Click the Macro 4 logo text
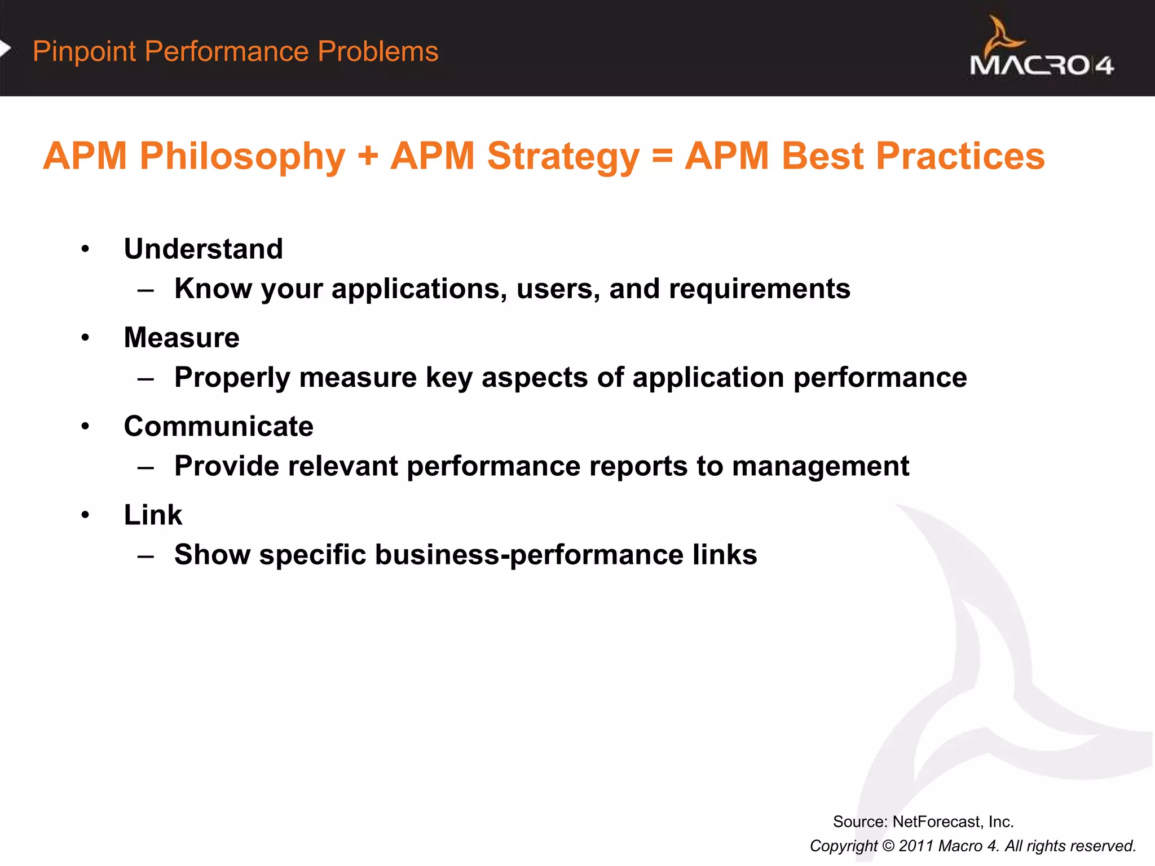1041,65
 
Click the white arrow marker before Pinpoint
5,50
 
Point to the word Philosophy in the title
242,156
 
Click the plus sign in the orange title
368,156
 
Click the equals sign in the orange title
662,156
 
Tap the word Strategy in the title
563,156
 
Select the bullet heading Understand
203,249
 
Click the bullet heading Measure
182,338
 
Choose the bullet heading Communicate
218,426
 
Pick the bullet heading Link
153,515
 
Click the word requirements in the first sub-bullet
759,289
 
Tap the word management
821,466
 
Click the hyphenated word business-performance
529,555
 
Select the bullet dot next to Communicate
85,427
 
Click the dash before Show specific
146,556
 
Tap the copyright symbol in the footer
888,846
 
